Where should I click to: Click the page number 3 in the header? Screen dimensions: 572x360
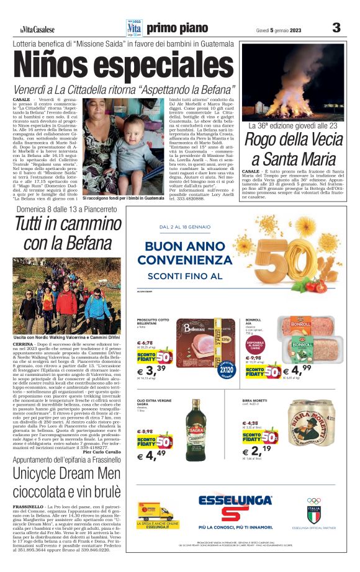(336, 27)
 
